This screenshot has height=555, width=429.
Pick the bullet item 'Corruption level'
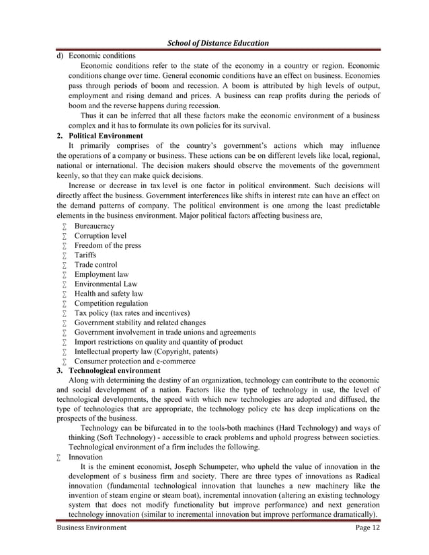pyautogui.click(x=100, y=236)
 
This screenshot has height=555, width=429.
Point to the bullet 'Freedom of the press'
pyautogui.click(x=108, y=245)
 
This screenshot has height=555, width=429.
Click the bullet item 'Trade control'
pyautogui.click(x=95, y=265)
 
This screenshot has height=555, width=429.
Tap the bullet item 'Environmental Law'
pyautogui.click(x=106, y=284)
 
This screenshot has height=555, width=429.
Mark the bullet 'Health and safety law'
pyautogui.click(x=108, y=294)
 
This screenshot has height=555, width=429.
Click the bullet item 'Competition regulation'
pyautogui.click(x=111, y=303)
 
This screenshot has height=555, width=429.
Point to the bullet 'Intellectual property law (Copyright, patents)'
pyautogui.click(x=146, y=351)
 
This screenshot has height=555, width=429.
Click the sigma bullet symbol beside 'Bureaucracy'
pyautogui.click(x=64, y=227)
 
